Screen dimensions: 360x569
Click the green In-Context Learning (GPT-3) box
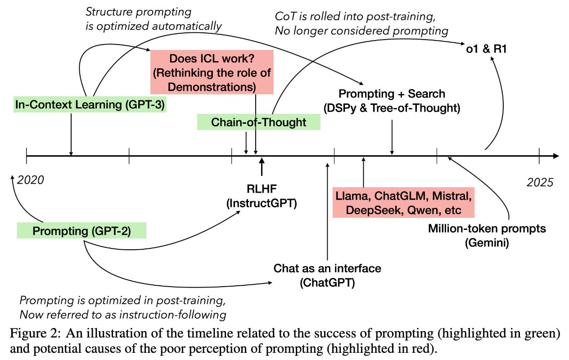coord(90,105)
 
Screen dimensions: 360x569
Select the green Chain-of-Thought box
coord(258,122)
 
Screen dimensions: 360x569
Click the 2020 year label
coord(31,180)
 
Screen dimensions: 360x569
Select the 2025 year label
coord(540,182)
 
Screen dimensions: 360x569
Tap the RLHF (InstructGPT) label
coord(261,196)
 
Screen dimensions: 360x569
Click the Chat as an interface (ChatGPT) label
coord(327,275)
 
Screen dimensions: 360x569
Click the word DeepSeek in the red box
coord(365,211)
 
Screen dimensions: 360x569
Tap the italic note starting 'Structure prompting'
coord(154,18)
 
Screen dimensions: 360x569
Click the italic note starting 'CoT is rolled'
coord(361,24)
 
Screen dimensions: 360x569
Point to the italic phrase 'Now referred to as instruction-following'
coord(123,313)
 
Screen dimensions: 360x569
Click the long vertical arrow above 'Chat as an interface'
coord(327,211)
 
